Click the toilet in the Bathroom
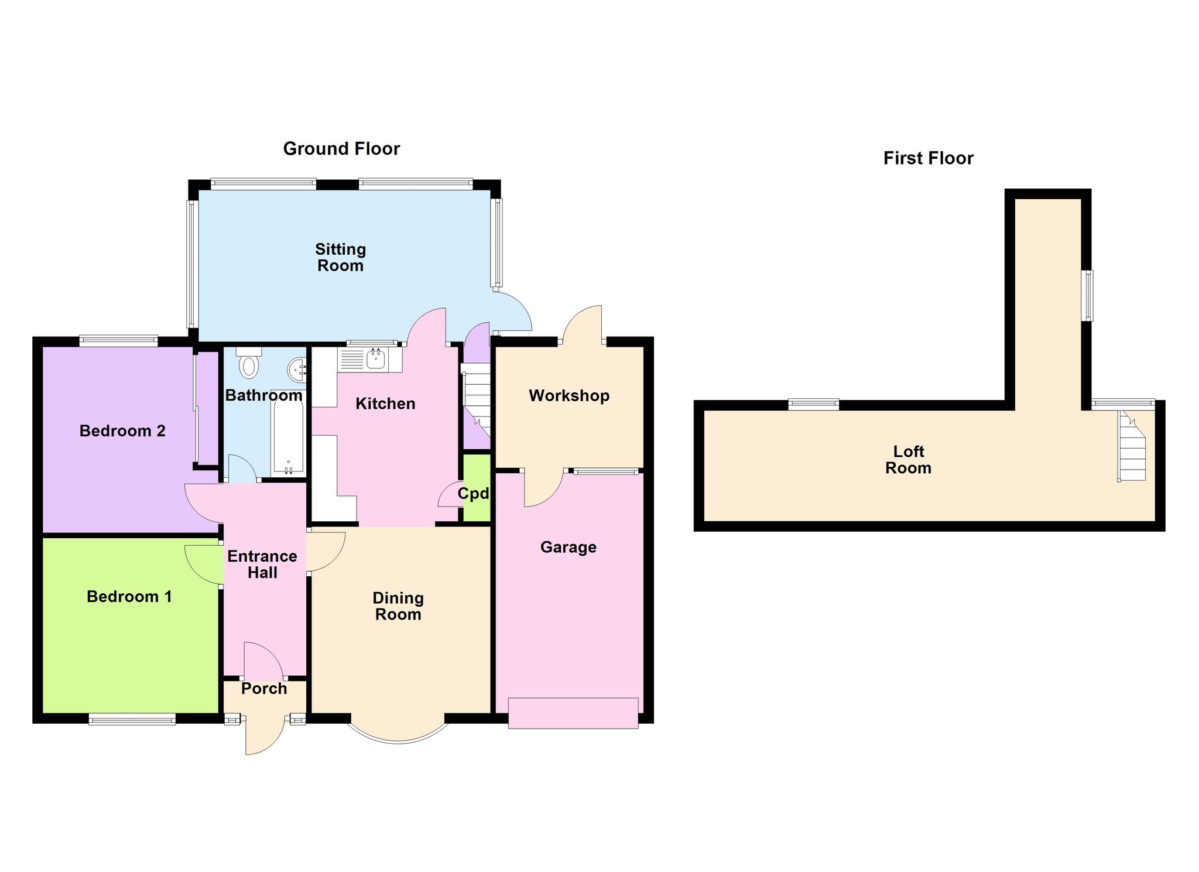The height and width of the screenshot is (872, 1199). tap(249, 363)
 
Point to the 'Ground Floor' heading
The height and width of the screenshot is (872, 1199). tap(341, 149)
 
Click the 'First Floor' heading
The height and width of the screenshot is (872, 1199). tap(928, 158)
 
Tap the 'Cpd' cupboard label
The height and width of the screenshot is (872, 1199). tap(473, 494)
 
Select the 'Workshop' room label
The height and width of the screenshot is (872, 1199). tap(569, 396)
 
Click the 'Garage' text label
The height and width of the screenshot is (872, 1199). tap(568, 547)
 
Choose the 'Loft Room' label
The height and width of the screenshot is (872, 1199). tap(908, 460)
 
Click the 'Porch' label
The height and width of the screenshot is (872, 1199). tap(264, 689)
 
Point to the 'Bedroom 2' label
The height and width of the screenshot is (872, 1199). tap(122, 431)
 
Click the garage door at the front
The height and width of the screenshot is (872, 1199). tap(573, 713)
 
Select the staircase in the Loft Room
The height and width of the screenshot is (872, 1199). tap(1132, 446)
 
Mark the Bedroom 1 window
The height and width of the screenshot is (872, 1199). tap(132, 719)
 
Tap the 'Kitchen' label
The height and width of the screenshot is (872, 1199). tap(385, 403)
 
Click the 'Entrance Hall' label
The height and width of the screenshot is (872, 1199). tap(262, 565)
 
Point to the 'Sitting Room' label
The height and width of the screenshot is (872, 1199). tap(341, 258)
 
